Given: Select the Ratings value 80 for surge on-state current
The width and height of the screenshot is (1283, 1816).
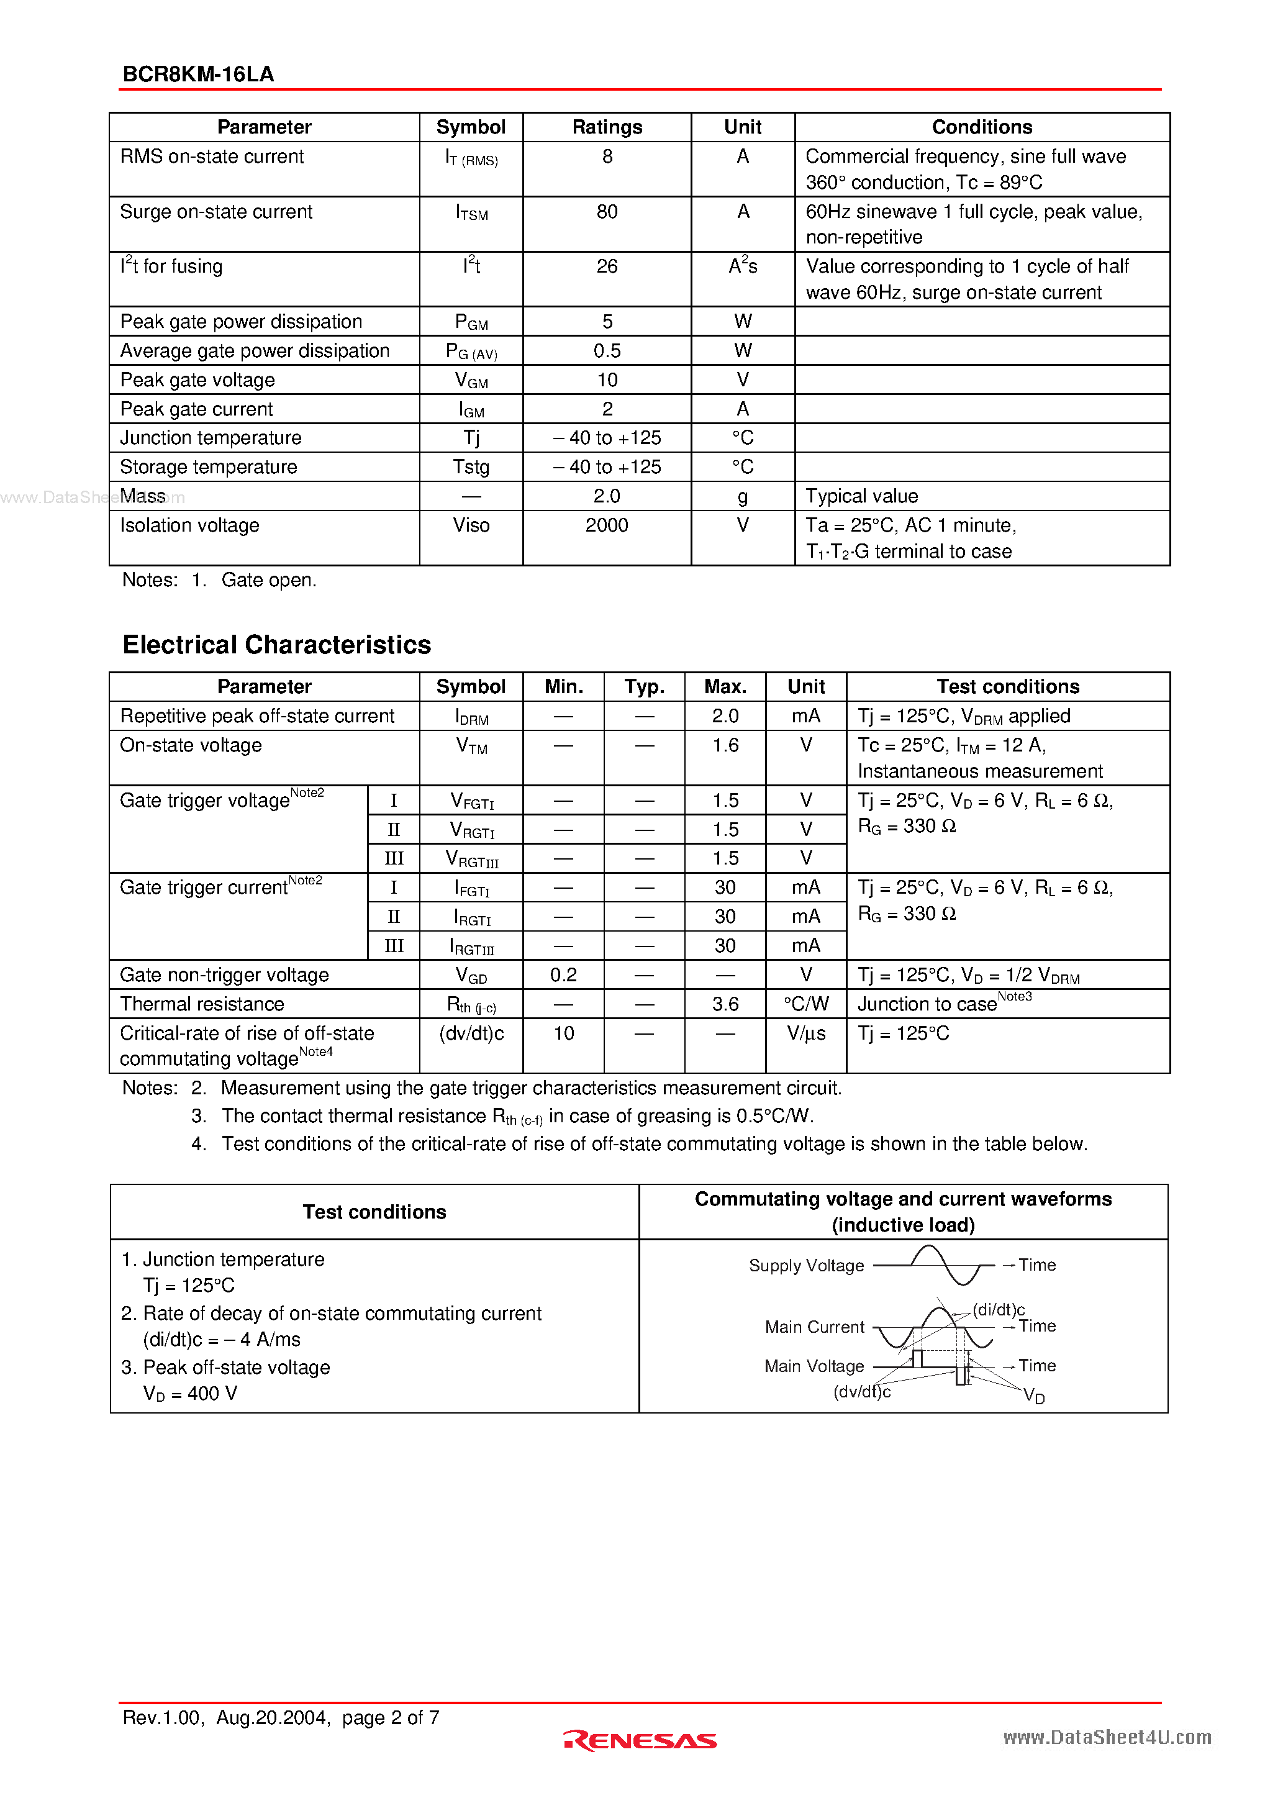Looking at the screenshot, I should [607, 212].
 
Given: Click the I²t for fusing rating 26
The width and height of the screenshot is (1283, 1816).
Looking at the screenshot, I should [607, 266].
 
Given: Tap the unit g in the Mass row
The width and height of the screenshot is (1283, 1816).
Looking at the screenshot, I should [742, 497].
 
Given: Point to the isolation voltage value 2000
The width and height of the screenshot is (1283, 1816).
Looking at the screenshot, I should [607, 526].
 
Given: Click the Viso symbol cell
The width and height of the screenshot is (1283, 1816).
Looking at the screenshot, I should [471, 526].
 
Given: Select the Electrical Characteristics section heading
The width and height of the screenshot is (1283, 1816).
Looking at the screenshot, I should [276, 645].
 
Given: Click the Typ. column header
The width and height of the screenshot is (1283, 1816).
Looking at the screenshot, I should [644, 686].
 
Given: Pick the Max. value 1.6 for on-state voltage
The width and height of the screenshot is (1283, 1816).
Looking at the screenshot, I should [725, 746].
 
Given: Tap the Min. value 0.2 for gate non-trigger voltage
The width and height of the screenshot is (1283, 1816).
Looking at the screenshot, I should [563, 975].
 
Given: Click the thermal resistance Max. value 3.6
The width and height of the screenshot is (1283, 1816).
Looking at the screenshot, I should [725, 1004].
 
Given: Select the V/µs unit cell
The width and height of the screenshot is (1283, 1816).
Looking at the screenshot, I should [805, 1033].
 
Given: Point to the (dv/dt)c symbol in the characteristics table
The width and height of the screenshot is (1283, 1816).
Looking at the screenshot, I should [471, 1033].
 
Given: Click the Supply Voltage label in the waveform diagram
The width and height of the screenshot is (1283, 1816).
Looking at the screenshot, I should [806, 1266].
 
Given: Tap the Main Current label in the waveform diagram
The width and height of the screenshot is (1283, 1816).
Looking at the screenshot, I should [814, 1327].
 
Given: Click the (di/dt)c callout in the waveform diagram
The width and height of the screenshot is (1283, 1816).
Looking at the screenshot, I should [998, 1310].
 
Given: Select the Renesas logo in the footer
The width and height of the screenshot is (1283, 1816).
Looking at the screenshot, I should [640, 1740].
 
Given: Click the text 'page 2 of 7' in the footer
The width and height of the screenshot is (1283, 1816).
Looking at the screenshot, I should [390, 1718].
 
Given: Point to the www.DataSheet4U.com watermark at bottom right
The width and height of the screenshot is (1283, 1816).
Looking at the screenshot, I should [1107, 1738].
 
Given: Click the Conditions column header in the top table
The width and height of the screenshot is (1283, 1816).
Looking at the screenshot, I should [982, 127].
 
